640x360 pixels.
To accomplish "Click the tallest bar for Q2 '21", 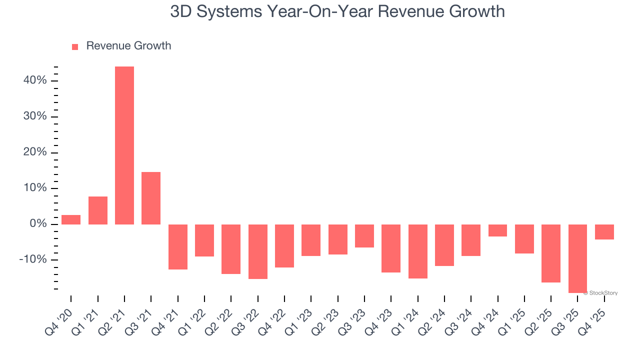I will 124,145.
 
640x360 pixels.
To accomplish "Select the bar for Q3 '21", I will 151,198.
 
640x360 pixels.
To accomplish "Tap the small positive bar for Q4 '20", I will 71,219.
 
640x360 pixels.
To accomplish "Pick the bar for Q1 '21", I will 98,210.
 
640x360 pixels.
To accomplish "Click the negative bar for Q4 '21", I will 178,247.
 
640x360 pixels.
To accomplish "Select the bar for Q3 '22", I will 258,251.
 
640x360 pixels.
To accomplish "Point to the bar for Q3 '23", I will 364,236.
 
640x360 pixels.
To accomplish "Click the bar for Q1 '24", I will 418,251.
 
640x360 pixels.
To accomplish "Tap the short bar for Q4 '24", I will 498,230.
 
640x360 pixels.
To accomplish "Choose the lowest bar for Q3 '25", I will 578,258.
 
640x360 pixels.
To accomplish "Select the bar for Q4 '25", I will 604,232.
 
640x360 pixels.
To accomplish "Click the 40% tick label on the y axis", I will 34,80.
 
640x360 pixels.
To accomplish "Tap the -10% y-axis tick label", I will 33,259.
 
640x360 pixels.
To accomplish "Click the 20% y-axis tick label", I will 34,152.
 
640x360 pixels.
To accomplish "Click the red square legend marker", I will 75,47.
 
